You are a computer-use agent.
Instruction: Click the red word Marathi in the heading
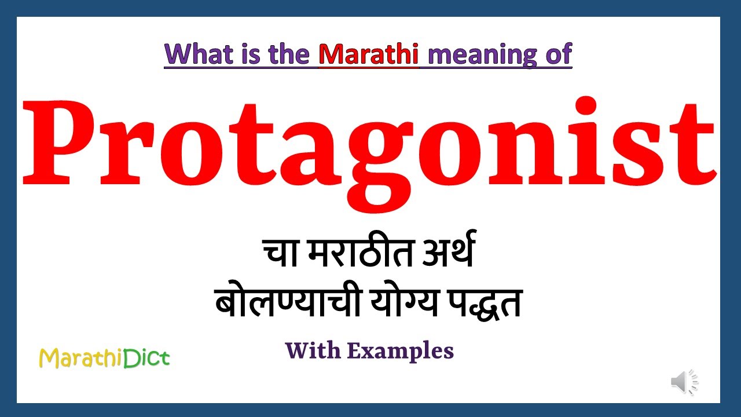tap(369, 54)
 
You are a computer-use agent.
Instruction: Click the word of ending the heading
tap(557, 54)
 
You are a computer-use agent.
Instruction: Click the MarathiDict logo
tap(104, 358)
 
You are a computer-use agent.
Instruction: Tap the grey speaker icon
tap(684, 382)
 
